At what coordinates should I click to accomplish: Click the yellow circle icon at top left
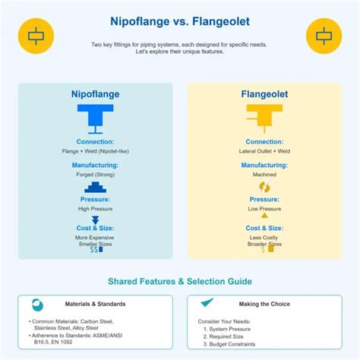[34, 35]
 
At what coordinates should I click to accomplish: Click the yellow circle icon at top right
[324, 35]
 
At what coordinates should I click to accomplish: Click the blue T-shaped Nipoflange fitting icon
[96, 118]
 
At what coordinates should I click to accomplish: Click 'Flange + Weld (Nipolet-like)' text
[96, 152]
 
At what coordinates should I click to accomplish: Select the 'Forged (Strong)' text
[96, 175]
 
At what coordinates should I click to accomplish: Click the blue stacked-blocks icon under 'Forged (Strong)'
[96, 188]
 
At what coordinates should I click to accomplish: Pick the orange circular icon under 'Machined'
[264, 187]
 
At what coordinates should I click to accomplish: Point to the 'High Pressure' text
[96, 209]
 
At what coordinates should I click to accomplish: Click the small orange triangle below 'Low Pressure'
[264, 216]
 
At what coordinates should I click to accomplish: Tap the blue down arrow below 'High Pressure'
[96, 219]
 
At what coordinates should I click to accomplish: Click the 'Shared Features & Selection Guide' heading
[179, 281]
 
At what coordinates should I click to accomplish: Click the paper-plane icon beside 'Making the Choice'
[207, 303]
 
